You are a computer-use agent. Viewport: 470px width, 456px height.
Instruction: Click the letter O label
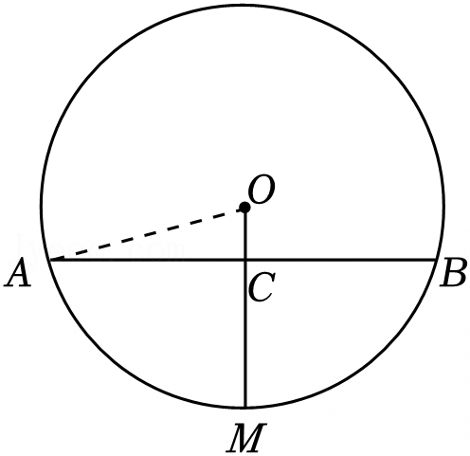tap(262, 189)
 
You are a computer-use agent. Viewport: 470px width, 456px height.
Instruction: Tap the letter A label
tap(18, 273)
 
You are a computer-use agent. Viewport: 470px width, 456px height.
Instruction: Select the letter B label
tap(454, 272)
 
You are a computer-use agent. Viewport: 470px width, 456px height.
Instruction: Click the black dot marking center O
tap(244, 208)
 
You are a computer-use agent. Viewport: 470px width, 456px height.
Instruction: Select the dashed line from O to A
tap(147, 234)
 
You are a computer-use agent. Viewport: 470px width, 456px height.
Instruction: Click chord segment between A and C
tap(148, 260)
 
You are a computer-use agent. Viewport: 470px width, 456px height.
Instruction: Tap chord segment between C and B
tap(341, 260)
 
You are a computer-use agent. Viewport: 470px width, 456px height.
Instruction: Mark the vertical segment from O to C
tap(245, 234)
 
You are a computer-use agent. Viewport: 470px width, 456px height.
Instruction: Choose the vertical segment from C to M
tap(245, 334)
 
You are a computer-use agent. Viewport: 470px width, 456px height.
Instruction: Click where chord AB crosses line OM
tap(245, 260)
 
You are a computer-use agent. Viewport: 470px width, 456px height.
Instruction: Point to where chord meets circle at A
tap(50, 260)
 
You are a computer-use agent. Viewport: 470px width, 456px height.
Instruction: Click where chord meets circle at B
tap(437, 260)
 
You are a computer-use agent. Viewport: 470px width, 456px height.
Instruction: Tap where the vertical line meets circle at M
tap(245, 407)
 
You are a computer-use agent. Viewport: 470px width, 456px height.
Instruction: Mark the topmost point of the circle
tap(244, 6)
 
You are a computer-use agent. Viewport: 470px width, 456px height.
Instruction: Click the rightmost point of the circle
tap(443, 207)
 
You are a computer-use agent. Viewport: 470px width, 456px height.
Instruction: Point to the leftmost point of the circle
tap(42, 207)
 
